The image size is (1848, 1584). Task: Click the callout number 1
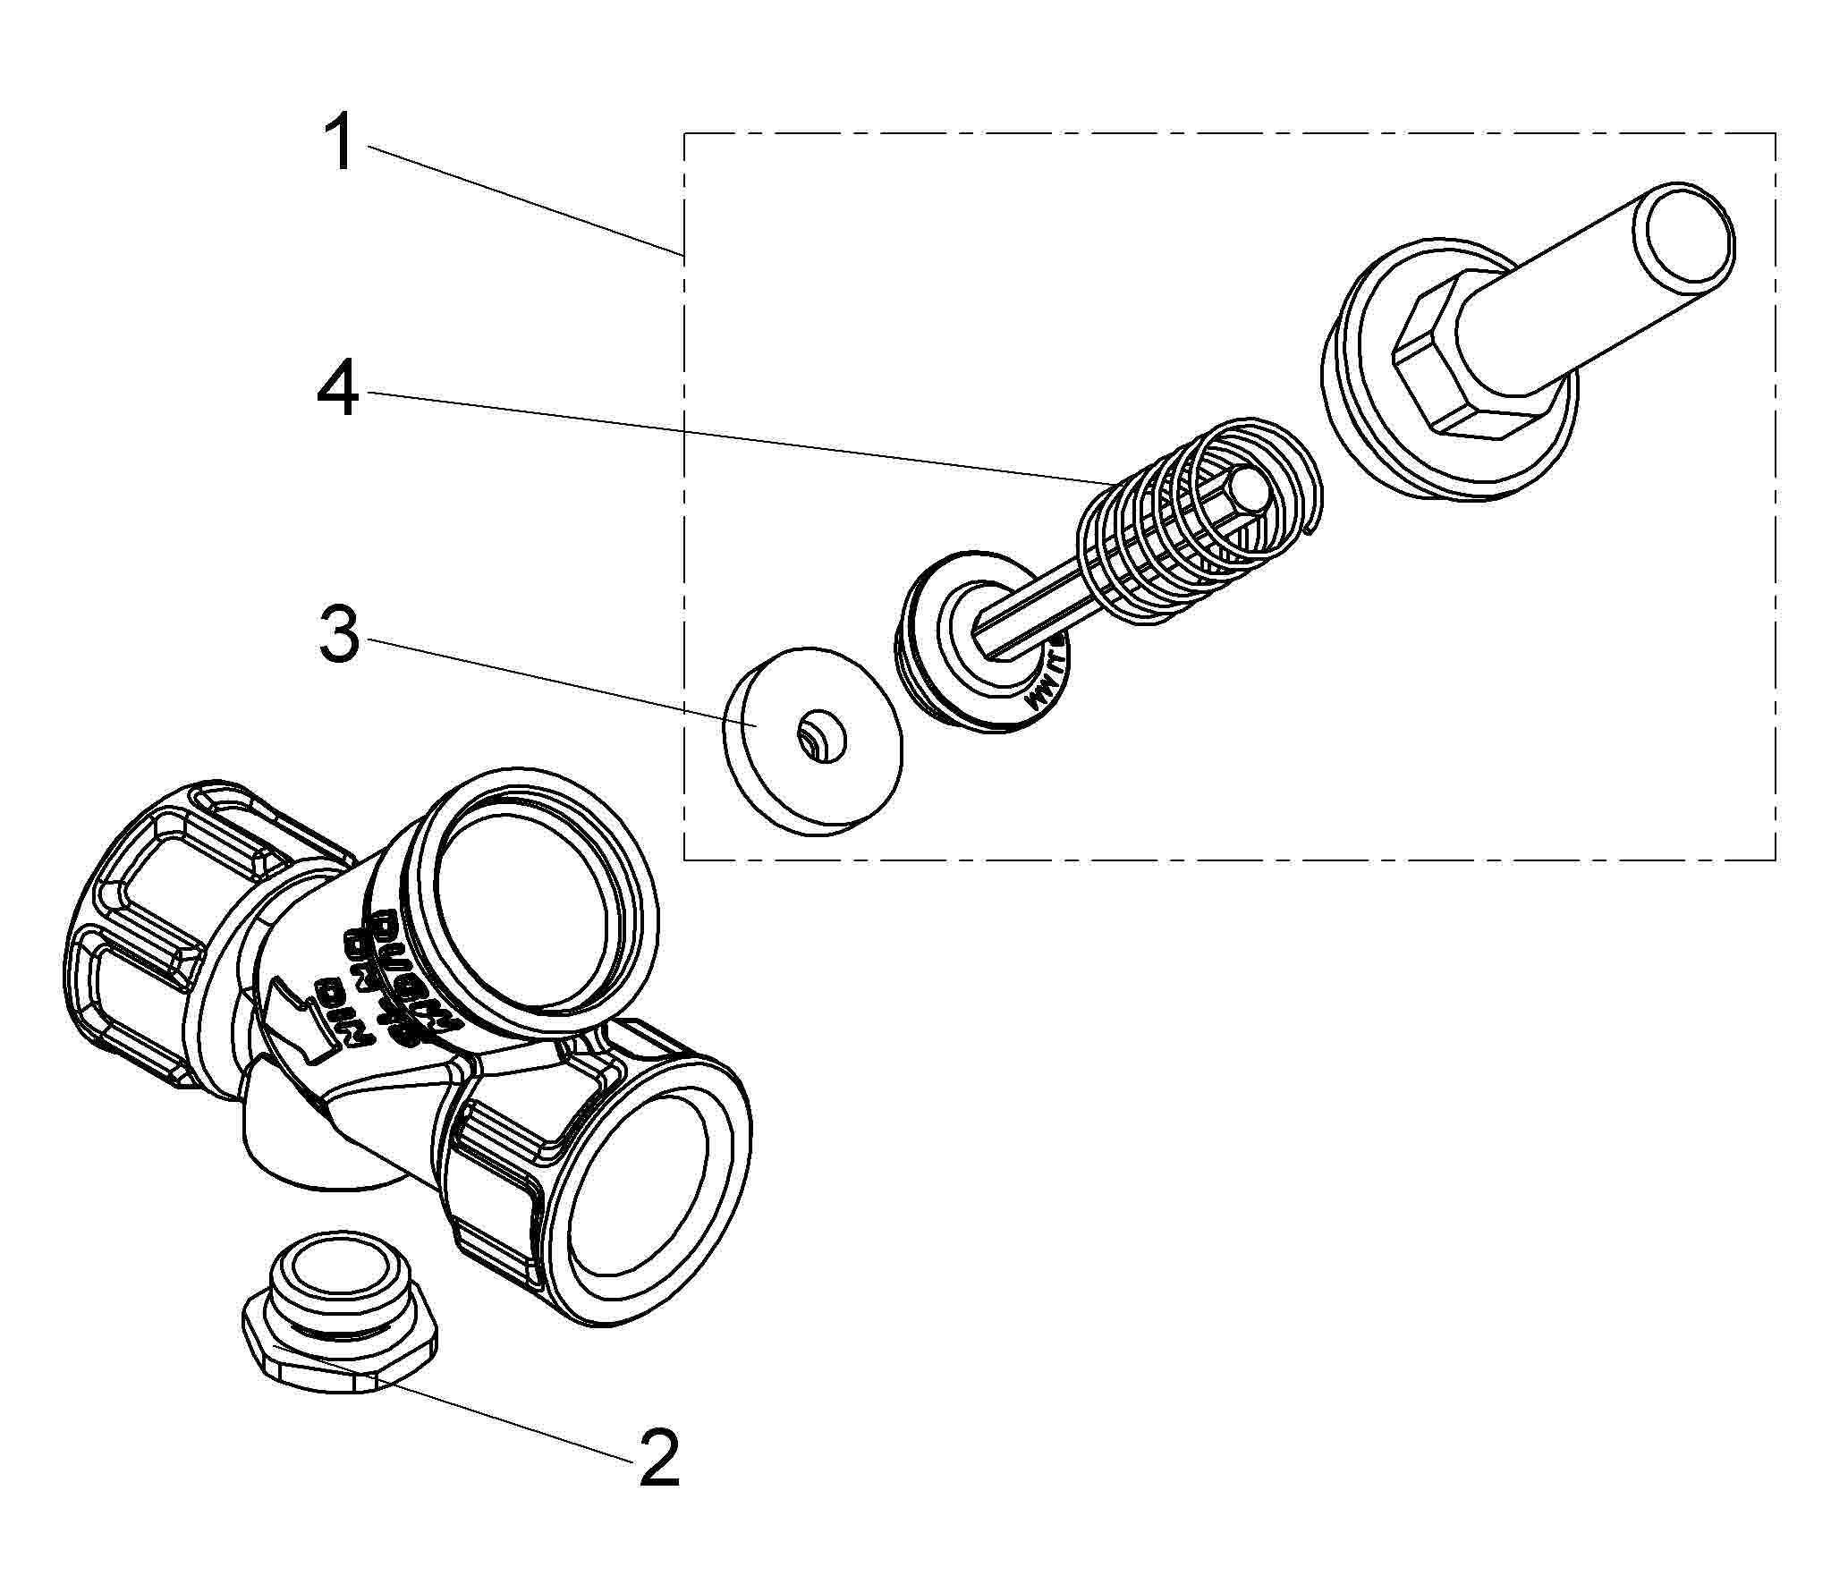click(x=341, y=146)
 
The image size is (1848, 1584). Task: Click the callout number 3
click(x=339, y=634)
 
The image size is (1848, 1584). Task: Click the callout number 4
click(x=338, y=390)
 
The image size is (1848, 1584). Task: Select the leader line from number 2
click(x=501, y=1418)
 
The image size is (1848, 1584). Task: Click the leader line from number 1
click(x=519, y=202)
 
